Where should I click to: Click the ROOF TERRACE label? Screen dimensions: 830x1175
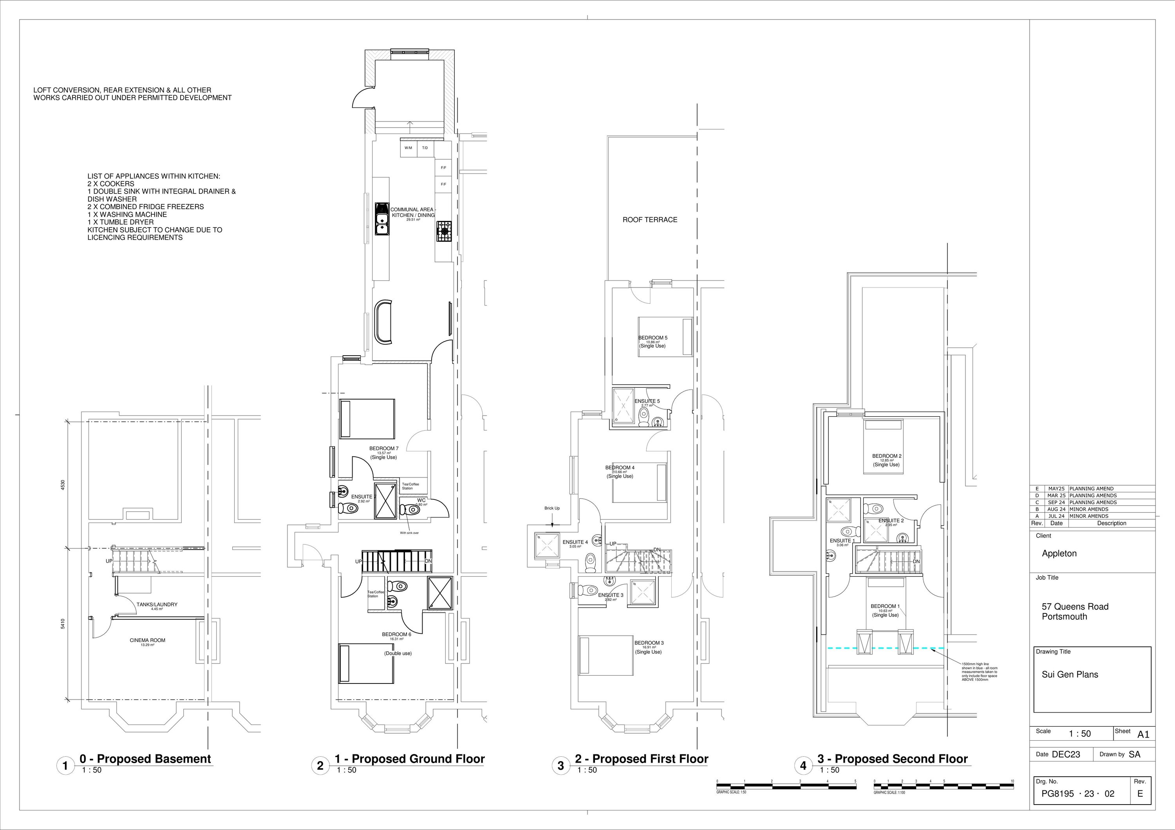point(649,219)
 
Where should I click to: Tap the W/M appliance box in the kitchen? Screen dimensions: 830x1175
point(409,148)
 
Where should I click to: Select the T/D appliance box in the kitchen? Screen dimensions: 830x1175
point(425,148)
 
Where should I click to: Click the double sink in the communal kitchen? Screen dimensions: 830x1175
point(381,219)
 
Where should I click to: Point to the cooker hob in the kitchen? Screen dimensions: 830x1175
point(444,231)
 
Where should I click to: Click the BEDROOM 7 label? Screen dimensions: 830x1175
point(384,448)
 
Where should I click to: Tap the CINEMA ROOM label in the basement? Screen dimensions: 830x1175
point(147,640)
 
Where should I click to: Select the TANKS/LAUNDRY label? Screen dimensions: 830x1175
point(157,604)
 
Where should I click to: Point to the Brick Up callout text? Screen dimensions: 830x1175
point(552,508)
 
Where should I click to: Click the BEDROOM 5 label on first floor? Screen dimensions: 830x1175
point(653,338)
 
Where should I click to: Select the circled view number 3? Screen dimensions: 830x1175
point(560,765)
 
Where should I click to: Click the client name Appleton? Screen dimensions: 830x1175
point(1059,553)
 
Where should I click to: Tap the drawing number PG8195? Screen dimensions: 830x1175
point(1058,794)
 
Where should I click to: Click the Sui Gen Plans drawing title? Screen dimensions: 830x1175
point(1070,674)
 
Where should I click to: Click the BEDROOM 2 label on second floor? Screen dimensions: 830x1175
point(887,456)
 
